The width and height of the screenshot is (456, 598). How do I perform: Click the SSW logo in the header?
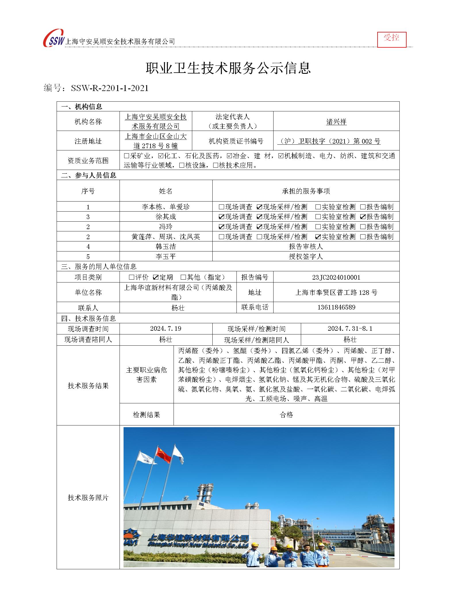tap(54, 38)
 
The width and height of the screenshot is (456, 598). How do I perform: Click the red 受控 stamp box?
tap(392, 39)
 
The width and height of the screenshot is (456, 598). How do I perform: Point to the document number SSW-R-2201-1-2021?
tap(109, 88)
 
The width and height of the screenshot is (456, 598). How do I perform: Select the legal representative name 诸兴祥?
tap(336, 122)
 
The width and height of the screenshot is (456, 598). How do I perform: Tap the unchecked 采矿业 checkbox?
tap(126, 156)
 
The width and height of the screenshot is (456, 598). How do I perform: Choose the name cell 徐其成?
tap(166, 217)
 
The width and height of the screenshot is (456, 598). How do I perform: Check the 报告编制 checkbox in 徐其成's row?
tap(363, 217)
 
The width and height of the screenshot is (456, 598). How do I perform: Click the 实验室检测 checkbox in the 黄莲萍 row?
tap(318, 237)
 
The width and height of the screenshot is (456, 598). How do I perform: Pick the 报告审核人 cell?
tap(306, 247)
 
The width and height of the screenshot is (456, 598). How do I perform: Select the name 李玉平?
tap(166, 257)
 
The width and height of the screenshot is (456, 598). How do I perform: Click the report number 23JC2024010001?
tap(336, 277)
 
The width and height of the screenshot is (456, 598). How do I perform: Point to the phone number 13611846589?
tap(336, 307)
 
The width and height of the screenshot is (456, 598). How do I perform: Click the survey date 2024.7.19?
tap(166, 329)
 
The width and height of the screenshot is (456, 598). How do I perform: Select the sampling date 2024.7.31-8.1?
tap(350, 329)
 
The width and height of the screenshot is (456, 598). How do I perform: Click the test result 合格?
tap(286, 415)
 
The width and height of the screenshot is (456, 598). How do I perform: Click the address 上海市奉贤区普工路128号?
tap(336, 292)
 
